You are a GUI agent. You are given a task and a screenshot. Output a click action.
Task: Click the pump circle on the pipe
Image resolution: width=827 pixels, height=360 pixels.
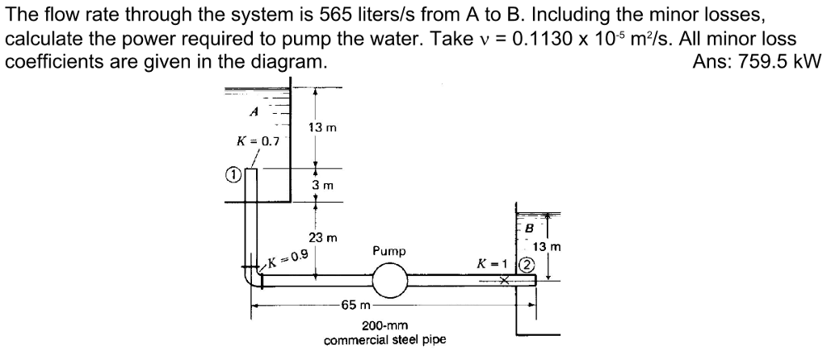coord(389,280)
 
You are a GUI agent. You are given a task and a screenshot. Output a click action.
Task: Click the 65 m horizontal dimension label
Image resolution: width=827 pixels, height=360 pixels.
coord(355,306)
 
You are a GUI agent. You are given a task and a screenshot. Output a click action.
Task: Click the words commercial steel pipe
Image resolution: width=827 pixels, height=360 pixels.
coord(385,340)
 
